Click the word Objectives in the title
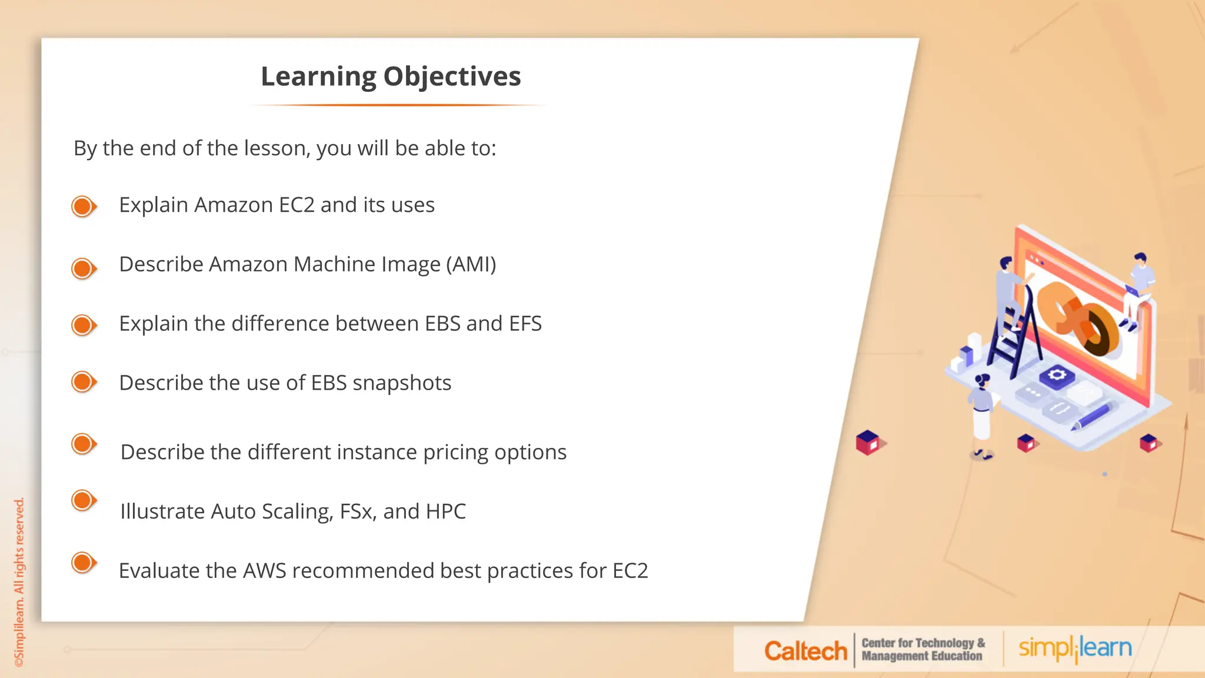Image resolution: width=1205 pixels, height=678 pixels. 452,77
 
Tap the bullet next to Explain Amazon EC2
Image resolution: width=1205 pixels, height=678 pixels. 84,207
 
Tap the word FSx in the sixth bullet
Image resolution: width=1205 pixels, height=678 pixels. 358,511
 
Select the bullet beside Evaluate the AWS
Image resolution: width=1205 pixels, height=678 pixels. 84,563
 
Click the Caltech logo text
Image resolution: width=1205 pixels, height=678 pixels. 805,651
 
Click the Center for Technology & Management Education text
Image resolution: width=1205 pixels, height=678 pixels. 922,650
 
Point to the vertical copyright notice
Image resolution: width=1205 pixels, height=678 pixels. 19,583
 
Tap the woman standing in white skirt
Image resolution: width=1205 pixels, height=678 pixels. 981,415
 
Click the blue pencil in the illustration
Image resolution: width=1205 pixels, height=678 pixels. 1092,416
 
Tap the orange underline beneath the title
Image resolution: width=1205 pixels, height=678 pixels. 398,105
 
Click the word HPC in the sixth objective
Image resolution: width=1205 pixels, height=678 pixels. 445,511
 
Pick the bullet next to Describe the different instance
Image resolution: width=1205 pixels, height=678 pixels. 84,444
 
